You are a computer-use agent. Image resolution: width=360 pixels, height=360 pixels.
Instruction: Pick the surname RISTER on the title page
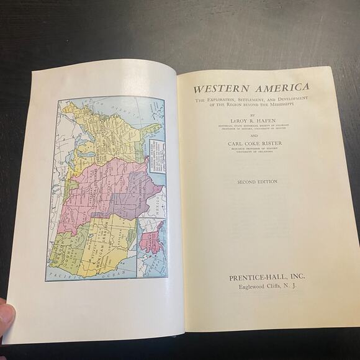pos(268,143)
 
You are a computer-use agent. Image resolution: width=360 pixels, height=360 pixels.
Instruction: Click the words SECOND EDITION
pos(257,182)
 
